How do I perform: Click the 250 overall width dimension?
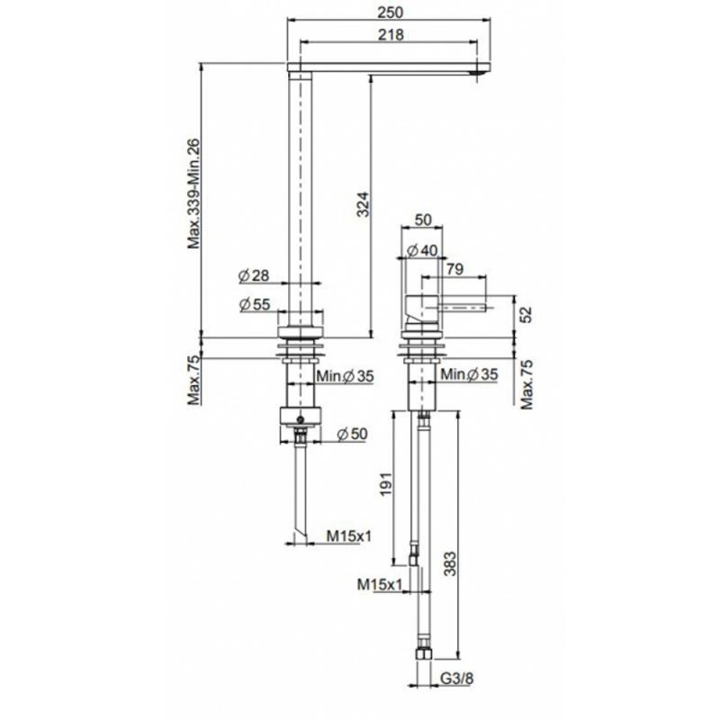click(391, 12)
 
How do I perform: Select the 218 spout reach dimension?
click(391, 34)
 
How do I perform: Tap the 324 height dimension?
click(363, 204)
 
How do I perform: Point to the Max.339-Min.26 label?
click(193, 193)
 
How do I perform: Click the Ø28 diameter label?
click(254, 275)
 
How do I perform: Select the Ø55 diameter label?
click(256, 304)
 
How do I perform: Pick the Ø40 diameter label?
click(422, 250)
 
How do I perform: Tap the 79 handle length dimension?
click(454, 268)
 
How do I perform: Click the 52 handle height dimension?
click(526, 314)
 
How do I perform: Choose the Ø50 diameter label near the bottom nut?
click(352, 434)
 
